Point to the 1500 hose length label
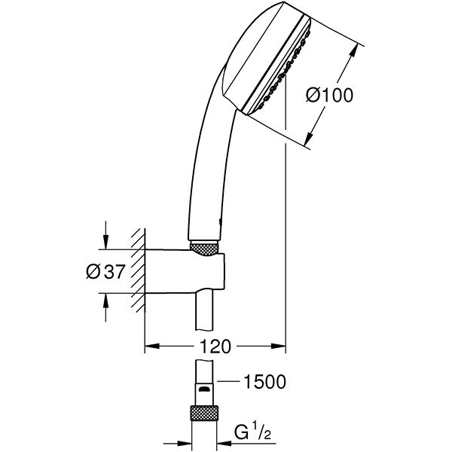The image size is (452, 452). [x=264, y=382]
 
